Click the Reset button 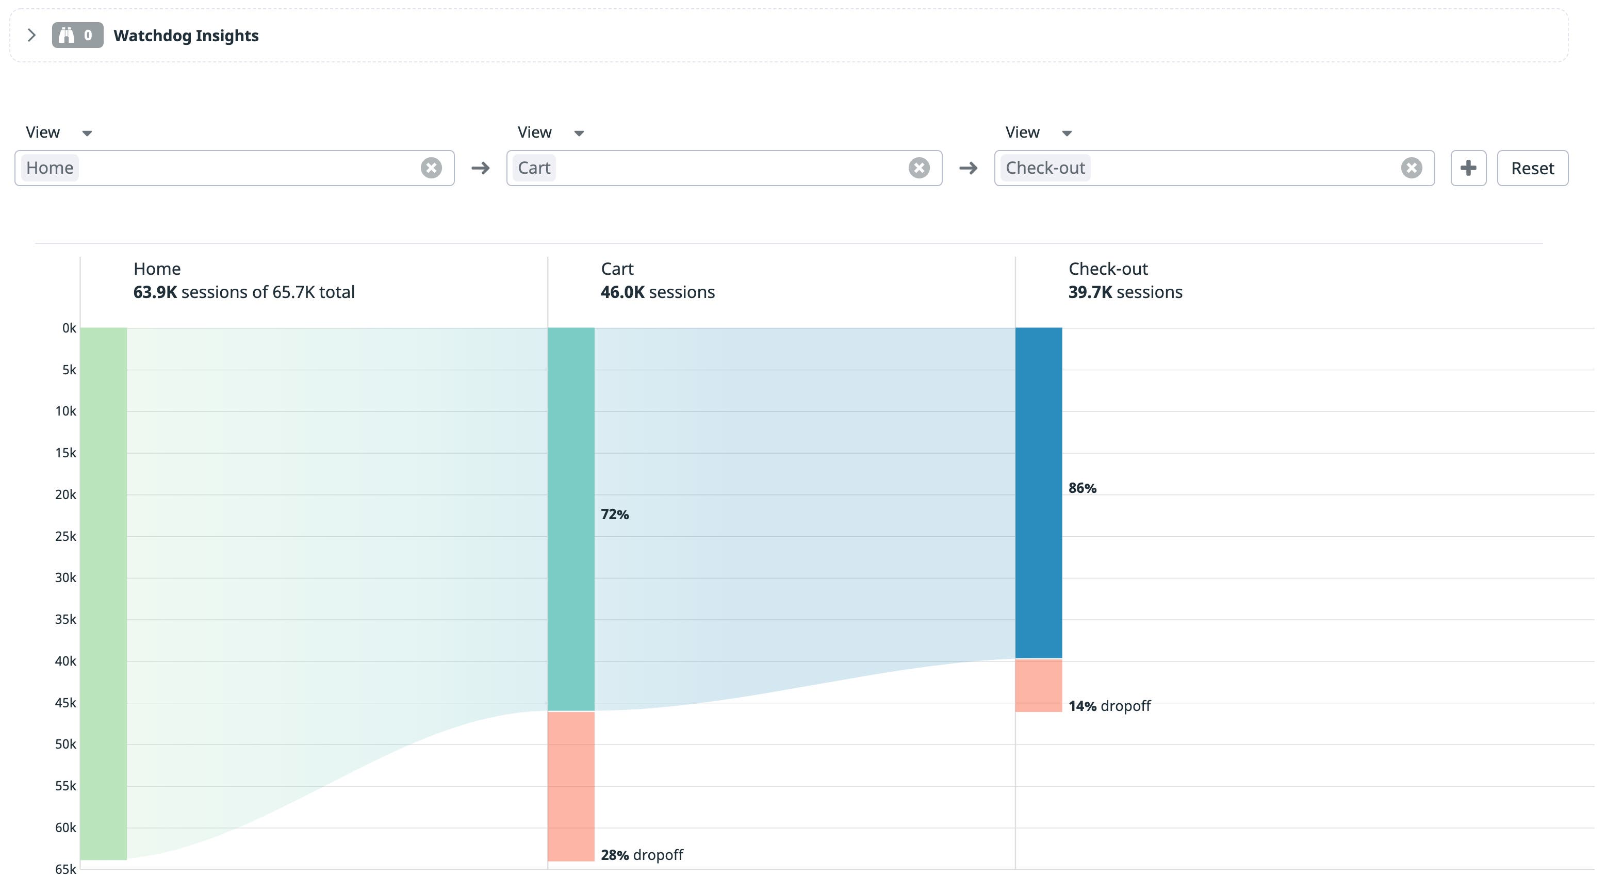[1532, 168]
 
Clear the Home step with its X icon [431, 168]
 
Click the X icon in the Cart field [919, 168]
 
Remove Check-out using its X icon [1411, 168]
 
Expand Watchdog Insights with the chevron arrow [31, 35]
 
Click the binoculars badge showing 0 [77, 35]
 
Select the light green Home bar [104, 593]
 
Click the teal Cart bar [571, 518]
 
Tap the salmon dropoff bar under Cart [571, 786]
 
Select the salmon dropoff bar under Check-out [1038, 685]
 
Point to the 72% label [614, 515]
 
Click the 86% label [1081, 488]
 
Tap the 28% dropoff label [641, 855]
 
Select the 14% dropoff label [1109, 706]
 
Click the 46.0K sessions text [657, 292]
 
